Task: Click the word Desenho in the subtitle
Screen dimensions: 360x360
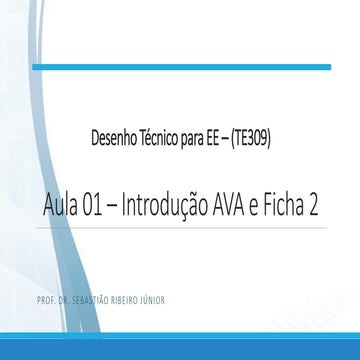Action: tap(113, 142)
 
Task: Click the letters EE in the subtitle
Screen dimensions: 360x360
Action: tap(217, 142)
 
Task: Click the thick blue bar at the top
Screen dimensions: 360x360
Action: tap(180, 67)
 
